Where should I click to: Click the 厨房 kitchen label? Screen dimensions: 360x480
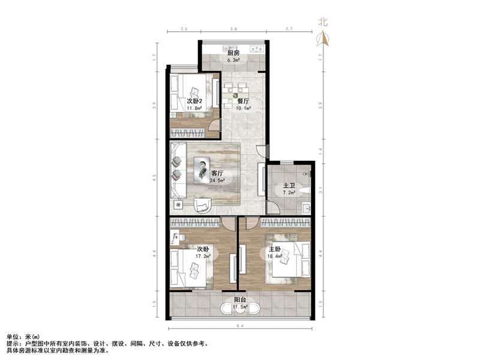233,53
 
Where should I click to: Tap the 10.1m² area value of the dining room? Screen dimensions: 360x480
241,109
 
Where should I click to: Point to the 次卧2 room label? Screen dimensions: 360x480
193,101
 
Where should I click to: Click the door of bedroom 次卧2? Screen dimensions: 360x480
215,125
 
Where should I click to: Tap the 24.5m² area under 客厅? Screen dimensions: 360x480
217,180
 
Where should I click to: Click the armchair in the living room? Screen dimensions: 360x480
202,204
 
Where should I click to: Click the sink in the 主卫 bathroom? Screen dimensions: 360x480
306,208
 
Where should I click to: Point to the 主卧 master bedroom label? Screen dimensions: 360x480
274,250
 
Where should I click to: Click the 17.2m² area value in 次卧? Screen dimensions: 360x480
202,256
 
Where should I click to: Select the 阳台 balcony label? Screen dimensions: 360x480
240,300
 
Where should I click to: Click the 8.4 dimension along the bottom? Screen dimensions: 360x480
240,326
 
